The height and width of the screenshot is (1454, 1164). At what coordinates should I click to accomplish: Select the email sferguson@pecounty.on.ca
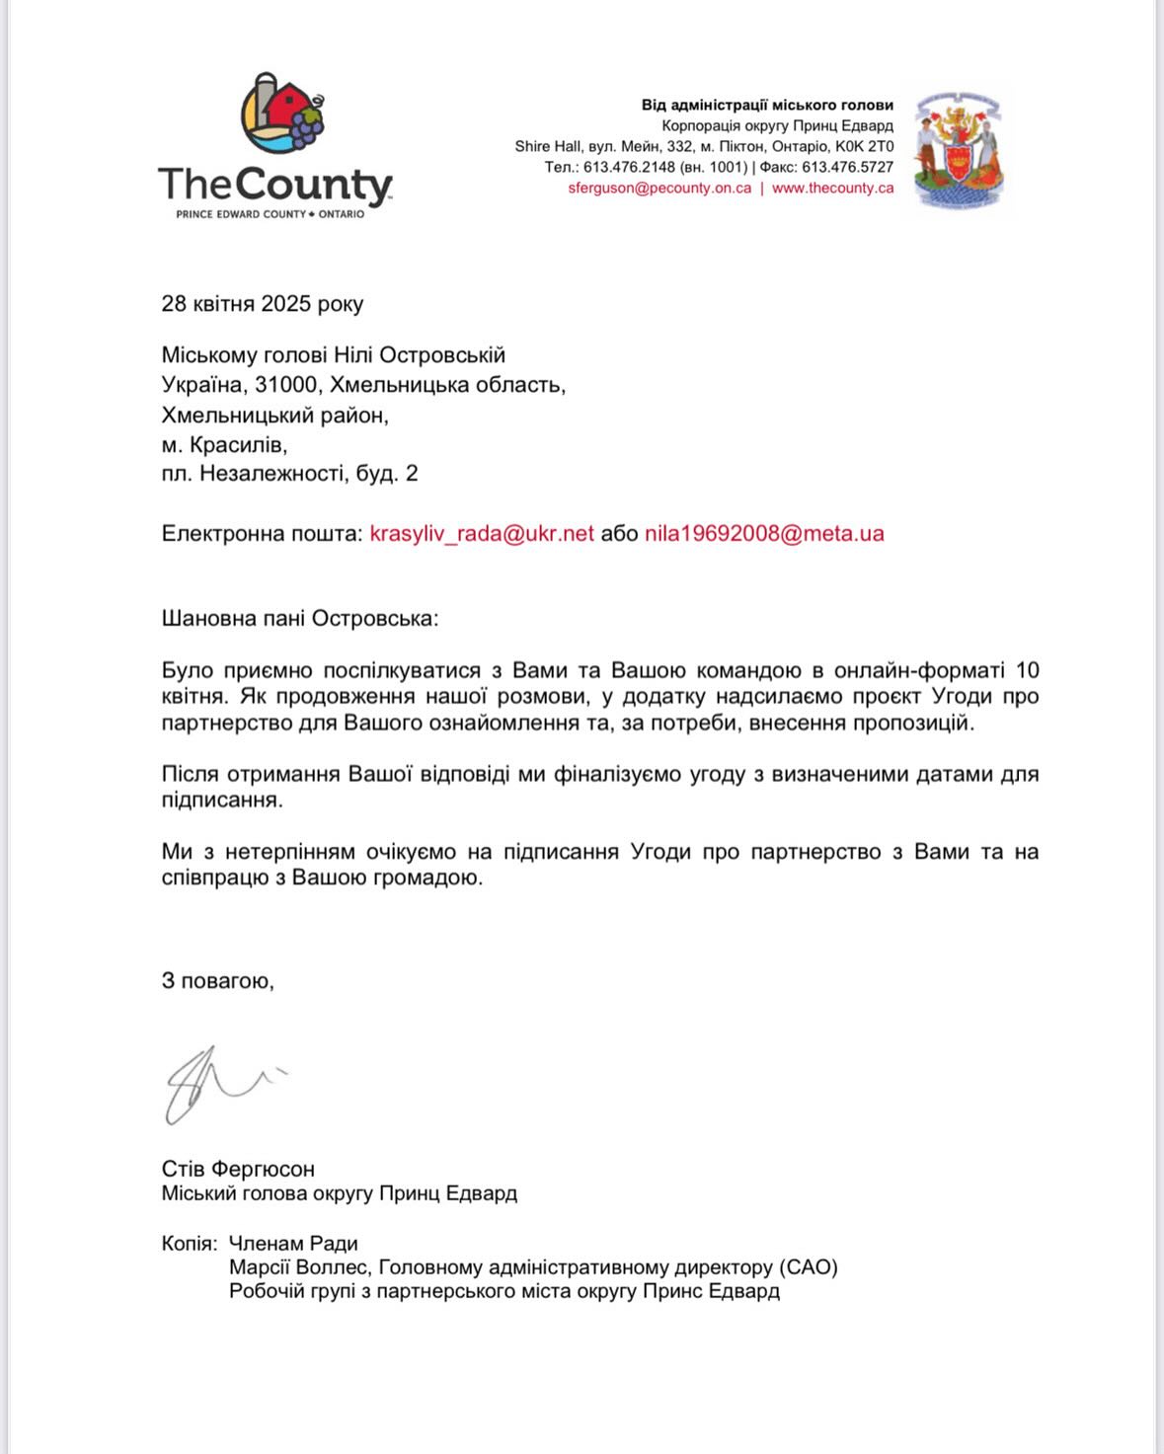[660, 189]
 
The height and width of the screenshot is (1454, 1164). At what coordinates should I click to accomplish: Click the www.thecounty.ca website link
[832, 189]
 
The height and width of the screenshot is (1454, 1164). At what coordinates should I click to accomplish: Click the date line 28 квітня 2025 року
[263, 304]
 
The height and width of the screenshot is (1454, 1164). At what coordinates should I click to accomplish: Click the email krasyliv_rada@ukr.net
[482, 534]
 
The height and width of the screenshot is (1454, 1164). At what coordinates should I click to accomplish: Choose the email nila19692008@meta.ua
[764, 534]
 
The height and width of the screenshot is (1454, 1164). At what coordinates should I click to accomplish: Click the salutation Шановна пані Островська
[299, 619]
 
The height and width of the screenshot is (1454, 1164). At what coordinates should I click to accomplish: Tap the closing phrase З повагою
[217, 981]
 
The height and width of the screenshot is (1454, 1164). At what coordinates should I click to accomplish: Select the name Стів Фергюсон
[238, 1169]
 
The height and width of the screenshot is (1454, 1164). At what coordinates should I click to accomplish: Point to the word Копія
[188, 1244]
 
